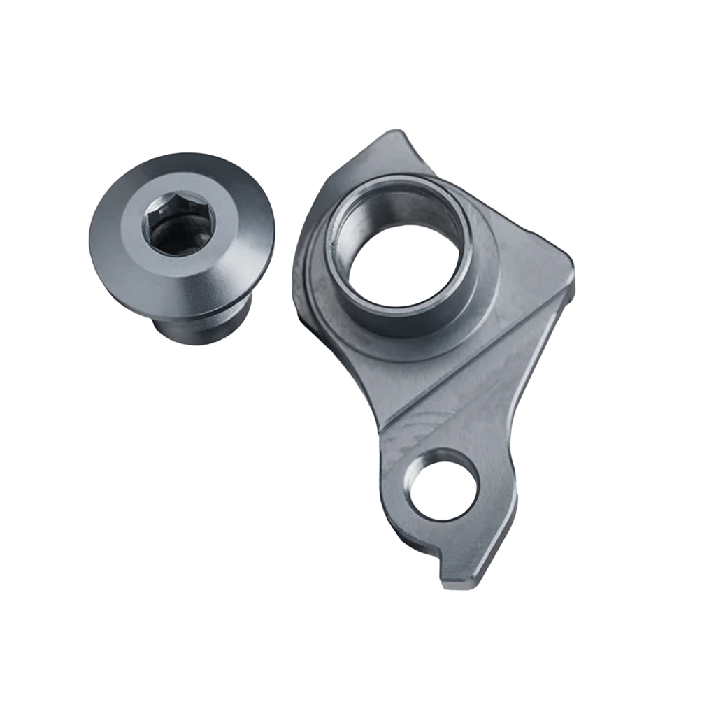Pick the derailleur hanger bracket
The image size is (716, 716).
[447, 364]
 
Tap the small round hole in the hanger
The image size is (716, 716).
[444, 485]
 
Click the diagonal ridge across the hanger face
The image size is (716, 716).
[475, 364]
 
